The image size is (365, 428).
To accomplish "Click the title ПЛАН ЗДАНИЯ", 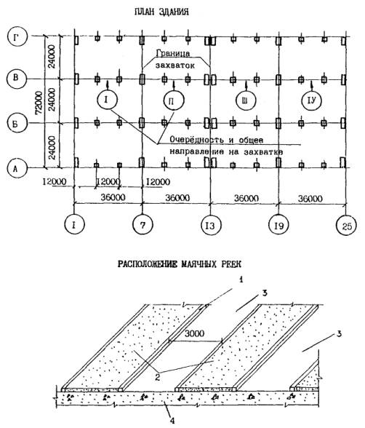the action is click(x=161, y=12).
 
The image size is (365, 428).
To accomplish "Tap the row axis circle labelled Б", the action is click(x=16, y=124).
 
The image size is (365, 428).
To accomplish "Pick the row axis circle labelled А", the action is click(x=16, y=168).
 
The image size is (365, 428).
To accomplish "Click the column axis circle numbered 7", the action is click(x=143, y=225).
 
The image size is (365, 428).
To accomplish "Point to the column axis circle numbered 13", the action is click(x=210, y=226).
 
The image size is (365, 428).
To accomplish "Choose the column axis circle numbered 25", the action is click(x=346, y=226).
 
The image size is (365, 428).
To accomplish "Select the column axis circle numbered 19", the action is click(x=279, y=226).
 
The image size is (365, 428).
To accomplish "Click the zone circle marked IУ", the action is click(x=312, y=100).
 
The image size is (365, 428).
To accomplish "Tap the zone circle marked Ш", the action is click(x=246, y=100).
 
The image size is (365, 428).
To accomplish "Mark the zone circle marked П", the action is click(x=174, y=100).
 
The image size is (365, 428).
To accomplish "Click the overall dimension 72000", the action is click(x=39, y=103).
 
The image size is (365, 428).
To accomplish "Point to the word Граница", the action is click(x=173, y=53).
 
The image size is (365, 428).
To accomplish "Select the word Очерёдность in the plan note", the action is click(x=196, y=140).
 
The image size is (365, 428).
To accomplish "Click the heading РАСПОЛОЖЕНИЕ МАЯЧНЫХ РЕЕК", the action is click(x=180, y=264).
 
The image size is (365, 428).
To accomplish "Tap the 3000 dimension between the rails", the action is click(x=194, y=333).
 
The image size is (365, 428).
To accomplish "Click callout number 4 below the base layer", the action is click(x=172, y=421).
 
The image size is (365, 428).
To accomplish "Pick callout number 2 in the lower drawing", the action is click(x=157, y=378).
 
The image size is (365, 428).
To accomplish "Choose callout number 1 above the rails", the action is click(x=241, y=280).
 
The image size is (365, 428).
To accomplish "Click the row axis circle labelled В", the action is click(x=16, y=78).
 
